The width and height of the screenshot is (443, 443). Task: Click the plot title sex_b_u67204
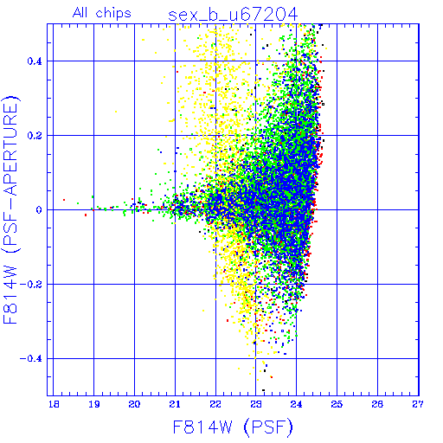(x=233, y=15)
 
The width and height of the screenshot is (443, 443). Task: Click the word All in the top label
(x=80, y=12)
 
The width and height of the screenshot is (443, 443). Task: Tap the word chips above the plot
(x=113, y=14)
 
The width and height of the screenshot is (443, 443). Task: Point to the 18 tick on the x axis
(x=54, y=404)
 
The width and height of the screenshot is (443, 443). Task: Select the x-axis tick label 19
(x=94, y=404)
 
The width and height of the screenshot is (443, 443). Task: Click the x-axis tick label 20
(x=134, y=404)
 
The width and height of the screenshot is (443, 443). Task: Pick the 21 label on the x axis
(x=175, y=404)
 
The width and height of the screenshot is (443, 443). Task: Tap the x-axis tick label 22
(x=215, y=404)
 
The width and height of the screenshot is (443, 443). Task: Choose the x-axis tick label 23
(x=256, y=404)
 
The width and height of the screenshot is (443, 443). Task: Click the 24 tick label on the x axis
(x=297, y=404)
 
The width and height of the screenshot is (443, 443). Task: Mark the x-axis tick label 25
(x=337, y=404)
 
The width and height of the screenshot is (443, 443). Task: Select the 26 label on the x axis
(x=377, y=404)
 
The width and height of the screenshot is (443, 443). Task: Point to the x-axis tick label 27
(x=418, y=404)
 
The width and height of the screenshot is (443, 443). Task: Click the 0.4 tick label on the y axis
(x=35, y=61)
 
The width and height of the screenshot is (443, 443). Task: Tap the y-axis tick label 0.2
(x=35, y=136)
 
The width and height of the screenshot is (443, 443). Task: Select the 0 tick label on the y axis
(x=39, y=210)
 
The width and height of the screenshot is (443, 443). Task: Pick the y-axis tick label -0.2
(x=31, y=285)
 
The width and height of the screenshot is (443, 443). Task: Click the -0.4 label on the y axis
(x=31, y=359)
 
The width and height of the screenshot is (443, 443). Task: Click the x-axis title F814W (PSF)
(x=233, y=427)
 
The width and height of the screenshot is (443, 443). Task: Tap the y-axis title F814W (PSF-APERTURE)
(x=11, y=209)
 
